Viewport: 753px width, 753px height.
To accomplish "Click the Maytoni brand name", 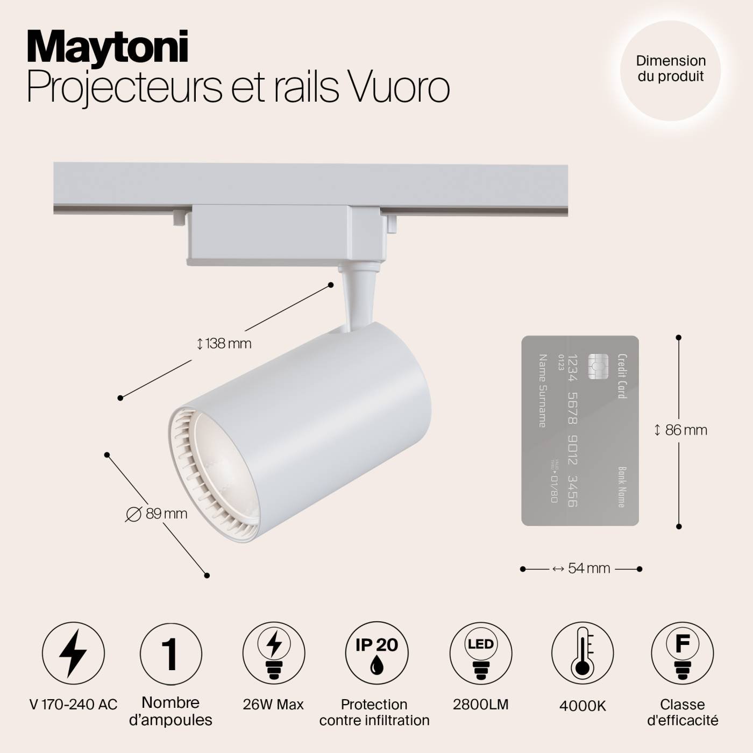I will pos(108,48).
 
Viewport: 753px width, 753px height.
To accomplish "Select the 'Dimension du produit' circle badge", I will pos(671,69).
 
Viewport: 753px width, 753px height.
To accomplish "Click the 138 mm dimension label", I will pos(225,344).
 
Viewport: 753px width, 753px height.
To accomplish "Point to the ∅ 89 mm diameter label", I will pos(157,514).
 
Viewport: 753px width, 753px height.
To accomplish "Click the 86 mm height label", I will pos(681,430).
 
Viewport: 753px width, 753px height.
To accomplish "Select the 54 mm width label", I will pos(582,569).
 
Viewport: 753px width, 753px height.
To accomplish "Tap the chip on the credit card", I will pos(598,366).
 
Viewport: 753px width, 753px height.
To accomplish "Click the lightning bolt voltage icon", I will pos(73,653).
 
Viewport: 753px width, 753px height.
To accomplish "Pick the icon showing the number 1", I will pos(171,654).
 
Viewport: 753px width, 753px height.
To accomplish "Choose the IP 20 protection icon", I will pos(376,653).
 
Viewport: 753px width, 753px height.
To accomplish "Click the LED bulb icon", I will pos(480,653).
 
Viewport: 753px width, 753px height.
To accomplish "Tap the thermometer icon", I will pos(582,653).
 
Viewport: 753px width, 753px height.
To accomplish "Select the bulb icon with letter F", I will pos(682,653).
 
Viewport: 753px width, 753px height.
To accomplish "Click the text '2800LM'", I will pos(480,705).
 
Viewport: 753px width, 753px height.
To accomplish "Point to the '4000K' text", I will pos(582,706).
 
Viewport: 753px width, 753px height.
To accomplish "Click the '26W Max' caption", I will pos(273,705).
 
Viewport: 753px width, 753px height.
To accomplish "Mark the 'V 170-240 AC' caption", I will pos(73,705).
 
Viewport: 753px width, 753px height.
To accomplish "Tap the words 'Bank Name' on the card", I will pos(621,487).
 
